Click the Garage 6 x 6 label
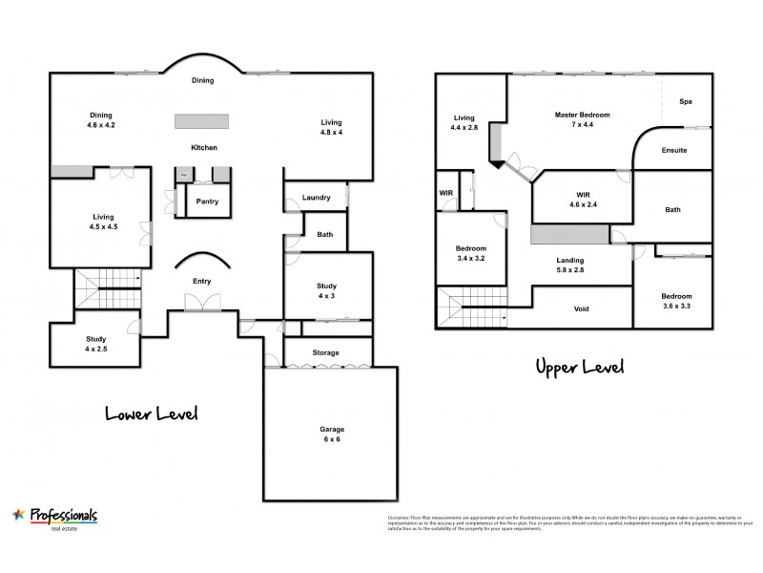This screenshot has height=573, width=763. coord(332,435)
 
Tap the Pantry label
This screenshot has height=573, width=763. coord(207,202)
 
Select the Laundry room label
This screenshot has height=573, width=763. coord(316,198)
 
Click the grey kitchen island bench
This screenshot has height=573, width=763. coord(201,121)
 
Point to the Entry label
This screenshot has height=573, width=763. coord(201,281)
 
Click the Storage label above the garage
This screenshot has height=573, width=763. coord(326,353)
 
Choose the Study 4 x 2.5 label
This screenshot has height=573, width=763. coord(95,345)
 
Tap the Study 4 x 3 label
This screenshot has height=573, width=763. coord(327,291)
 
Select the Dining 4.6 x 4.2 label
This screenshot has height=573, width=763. coord(101,120)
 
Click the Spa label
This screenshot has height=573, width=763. coord(685,101)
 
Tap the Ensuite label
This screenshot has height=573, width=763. coord(673,151)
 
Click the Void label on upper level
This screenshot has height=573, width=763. coord(580,309)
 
